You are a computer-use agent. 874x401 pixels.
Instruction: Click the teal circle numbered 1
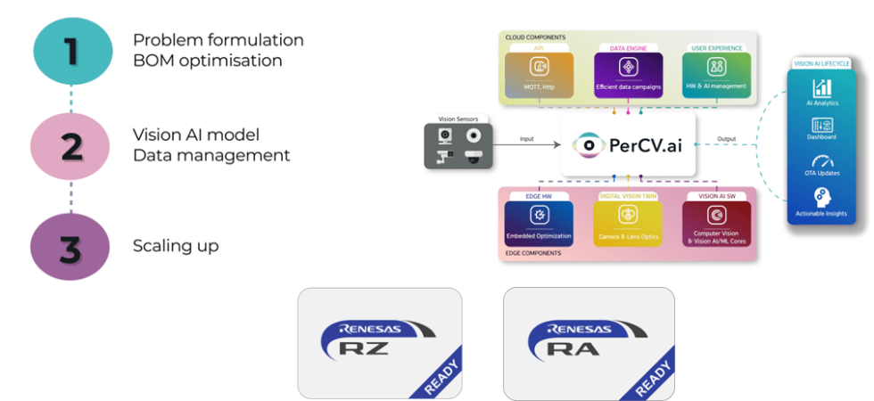pos(71,51)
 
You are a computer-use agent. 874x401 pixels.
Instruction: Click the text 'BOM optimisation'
pos(208,61)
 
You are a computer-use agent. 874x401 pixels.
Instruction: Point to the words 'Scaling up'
pos(175,246)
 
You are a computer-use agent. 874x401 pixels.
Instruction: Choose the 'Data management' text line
pos(211,155)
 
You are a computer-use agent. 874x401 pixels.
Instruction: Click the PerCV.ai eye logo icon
pos(586,143)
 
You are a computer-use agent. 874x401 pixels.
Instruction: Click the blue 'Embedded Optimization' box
pos(538,223)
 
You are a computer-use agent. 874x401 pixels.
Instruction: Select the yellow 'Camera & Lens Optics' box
pos(628,223)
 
